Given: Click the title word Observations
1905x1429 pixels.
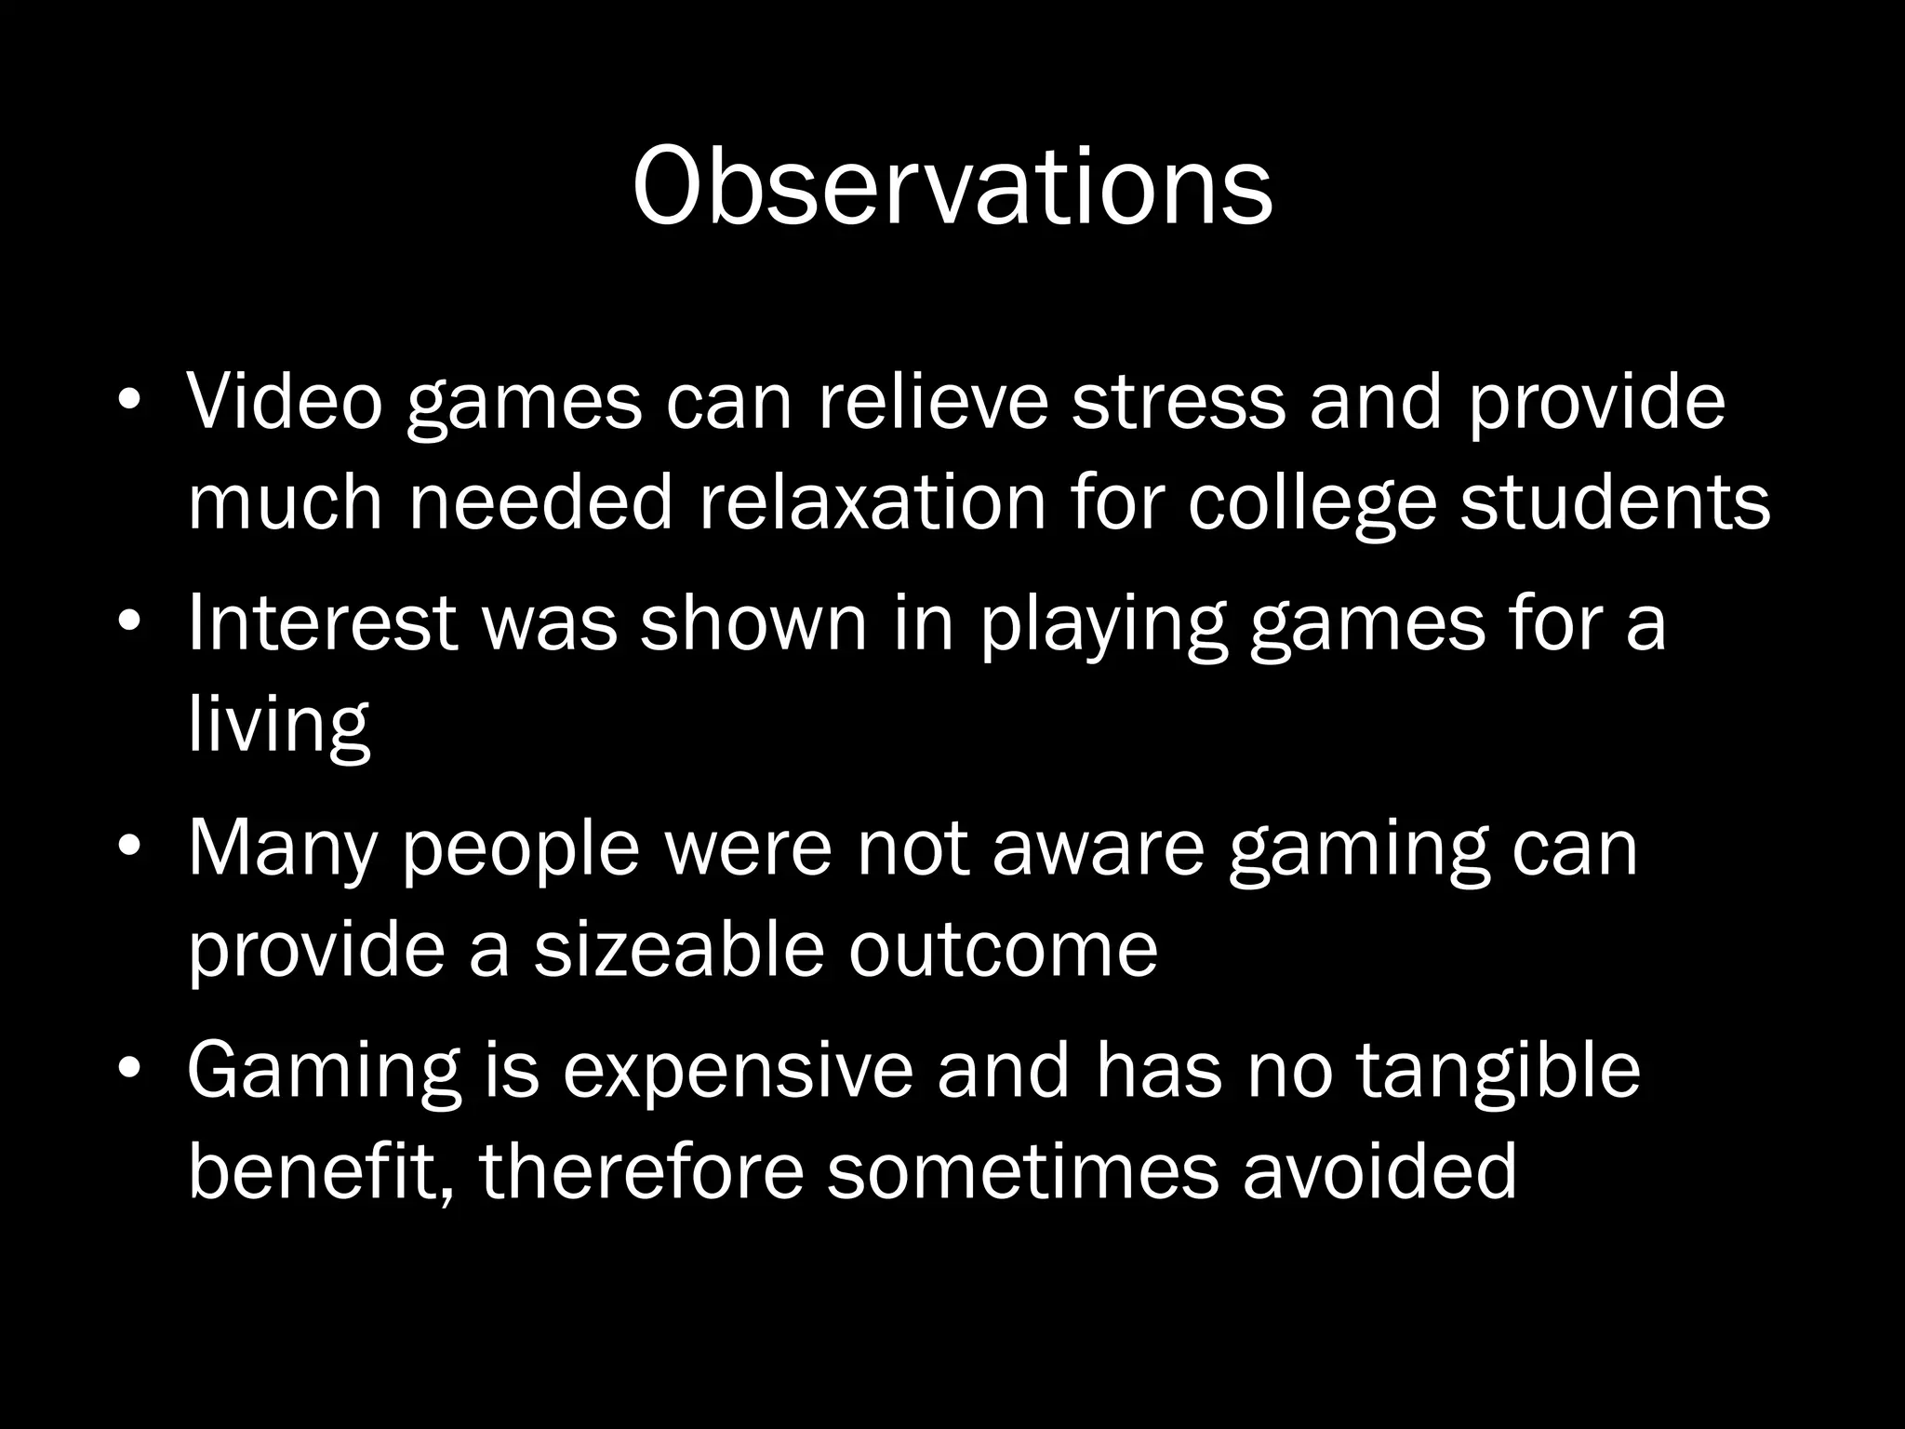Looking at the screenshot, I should click(x=952, y=186).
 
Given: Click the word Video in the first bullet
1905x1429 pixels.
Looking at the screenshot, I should click(x=285, y=401).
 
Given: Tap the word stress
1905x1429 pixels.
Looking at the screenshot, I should click(x=1179, y=401).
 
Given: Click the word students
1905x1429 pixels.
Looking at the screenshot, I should click(x=1615, y=501).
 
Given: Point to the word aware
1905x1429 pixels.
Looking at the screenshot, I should click(x=1098, y=848).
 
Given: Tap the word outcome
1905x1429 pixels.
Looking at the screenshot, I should click(x=1003, y=951).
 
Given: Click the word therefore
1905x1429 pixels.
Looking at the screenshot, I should click(x=642, y=1170).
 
